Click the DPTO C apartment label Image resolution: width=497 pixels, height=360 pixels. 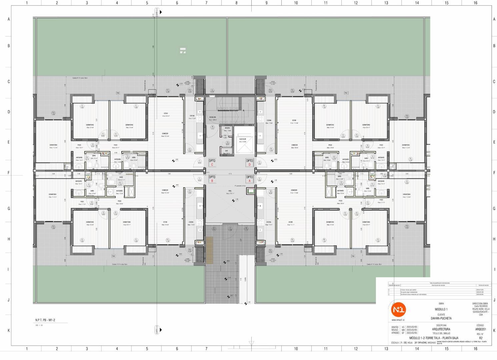212,162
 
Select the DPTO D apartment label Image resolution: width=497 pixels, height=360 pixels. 249,162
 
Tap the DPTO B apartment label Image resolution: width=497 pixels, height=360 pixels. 212,179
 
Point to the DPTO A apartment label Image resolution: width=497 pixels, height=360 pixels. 249,179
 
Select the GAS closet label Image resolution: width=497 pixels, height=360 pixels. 226,151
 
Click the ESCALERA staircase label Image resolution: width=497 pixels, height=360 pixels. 213,117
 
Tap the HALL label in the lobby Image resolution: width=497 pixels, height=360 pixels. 230,191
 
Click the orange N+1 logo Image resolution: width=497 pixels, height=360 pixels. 398,310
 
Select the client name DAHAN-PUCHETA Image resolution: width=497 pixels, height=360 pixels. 441,318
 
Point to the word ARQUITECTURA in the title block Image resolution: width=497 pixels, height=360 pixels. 441,329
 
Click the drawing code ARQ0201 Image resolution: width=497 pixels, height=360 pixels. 480,329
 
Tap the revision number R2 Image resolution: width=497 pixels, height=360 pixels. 480,338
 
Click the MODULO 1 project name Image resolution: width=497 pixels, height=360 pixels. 441,309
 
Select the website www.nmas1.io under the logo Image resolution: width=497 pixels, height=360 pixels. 398,320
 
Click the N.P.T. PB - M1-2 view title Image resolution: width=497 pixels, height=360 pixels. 45,320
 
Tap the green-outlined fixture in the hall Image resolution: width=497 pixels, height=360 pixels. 250,191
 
